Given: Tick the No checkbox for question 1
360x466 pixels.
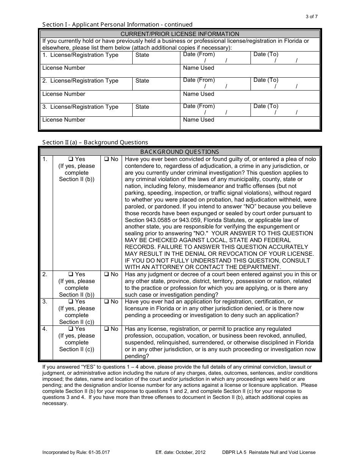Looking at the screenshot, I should pos(106,160).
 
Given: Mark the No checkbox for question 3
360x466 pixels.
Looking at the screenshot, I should pos(106,302).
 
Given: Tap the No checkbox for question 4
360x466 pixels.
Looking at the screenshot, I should pos(106,329).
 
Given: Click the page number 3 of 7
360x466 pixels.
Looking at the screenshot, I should pos(311,17).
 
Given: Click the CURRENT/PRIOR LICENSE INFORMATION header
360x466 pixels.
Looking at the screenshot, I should pos(180,34).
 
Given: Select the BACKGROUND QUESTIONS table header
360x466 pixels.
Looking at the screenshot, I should pos(180,152).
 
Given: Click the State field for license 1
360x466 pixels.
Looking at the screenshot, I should pos(156,58).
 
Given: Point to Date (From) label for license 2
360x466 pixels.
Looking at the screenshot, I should pos(199,80).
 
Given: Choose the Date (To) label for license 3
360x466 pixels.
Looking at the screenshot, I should pos(266,106).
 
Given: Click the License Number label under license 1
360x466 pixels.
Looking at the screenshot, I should pos(64,68).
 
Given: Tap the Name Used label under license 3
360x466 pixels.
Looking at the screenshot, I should pos(199,120).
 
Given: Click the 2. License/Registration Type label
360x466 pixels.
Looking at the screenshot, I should pos(80,81).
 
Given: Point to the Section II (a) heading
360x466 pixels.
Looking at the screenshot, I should pos(95,142).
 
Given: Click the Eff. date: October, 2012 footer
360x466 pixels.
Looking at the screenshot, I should pos(180,452).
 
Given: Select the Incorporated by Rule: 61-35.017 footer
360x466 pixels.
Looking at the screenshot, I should pos(76,452).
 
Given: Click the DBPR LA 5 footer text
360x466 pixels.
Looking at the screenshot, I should pos(269,452).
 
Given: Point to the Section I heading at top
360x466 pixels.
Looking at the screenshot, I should pos(117,25).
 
